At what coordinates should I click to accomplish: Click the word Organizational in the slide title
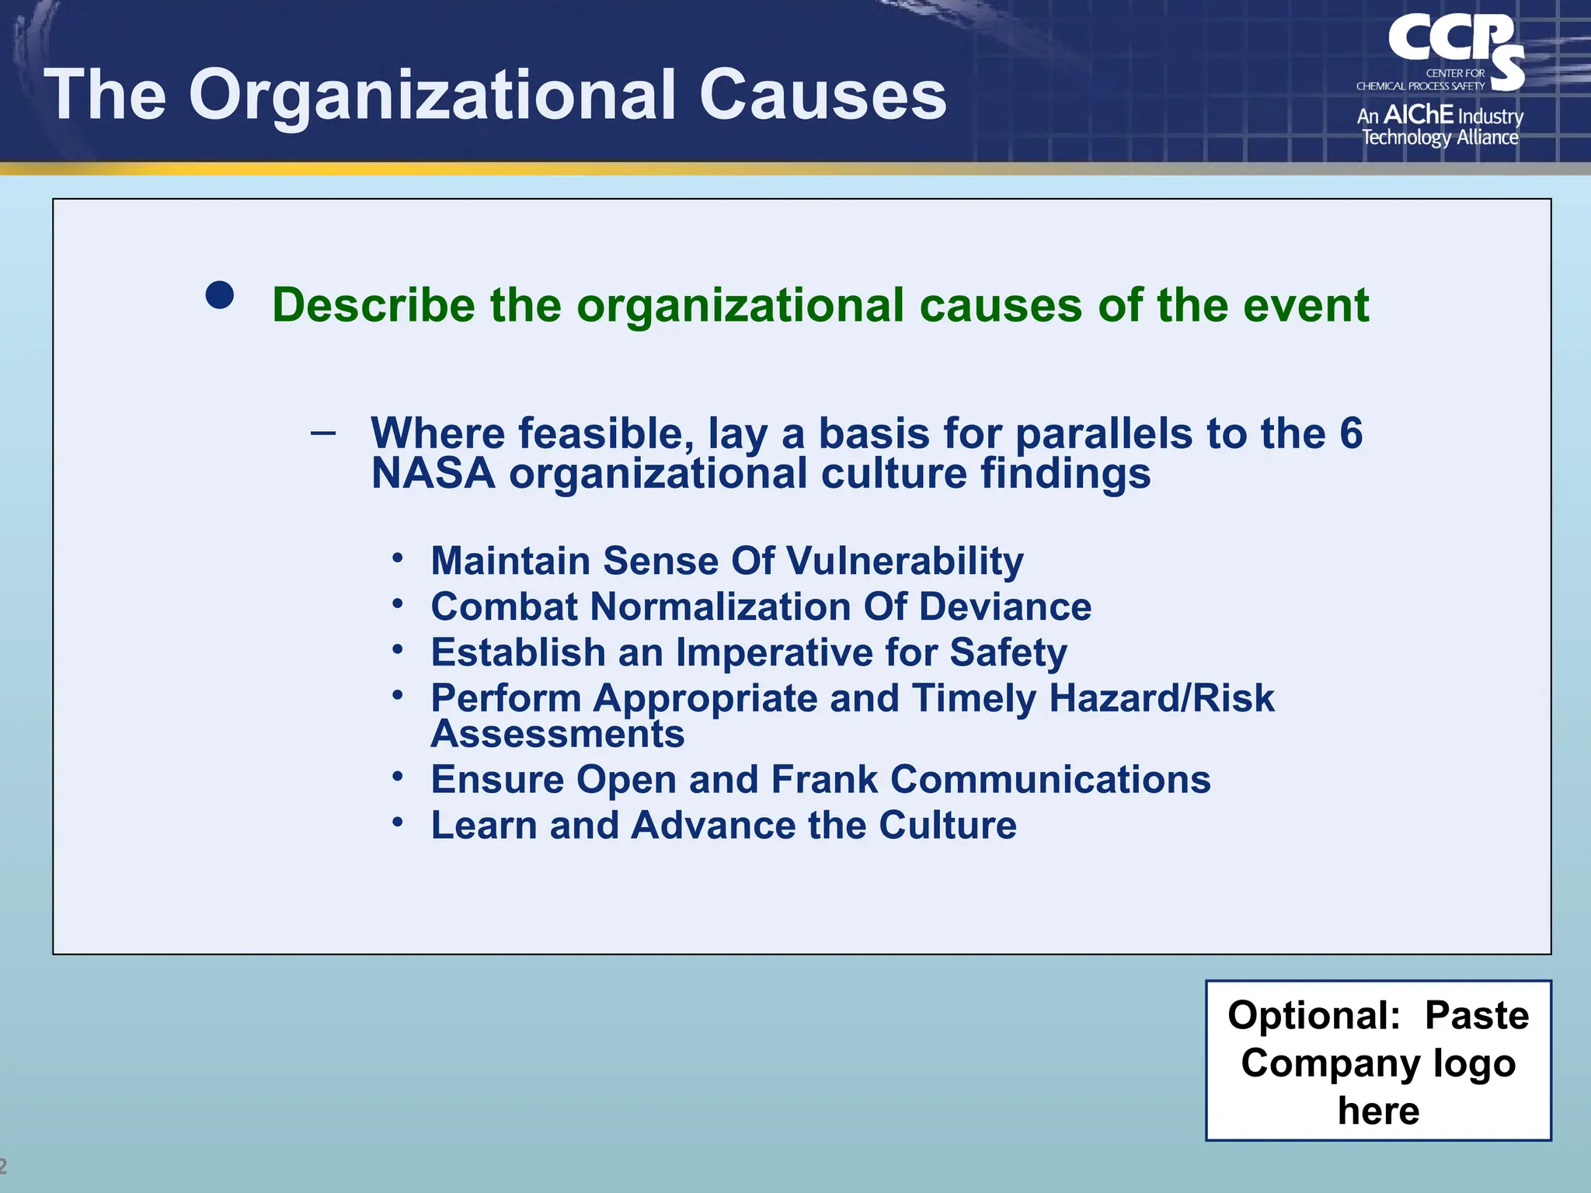pos(432,95)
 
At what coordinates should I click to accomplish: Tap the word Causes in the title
pos(823,95)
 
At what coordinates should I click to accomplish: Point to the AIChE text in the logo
pos(1418,115)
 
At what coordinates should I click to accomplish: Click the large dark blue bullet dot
pos(220,295)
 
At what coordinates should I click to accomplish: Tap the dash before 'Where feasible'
pos(323,433)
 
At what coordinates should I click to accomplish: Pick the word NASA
pos(433,474)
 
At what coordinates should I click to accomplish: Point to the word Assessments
pos(557,734)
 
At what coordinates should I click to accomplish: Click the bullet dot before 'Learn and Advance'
pos(398,821)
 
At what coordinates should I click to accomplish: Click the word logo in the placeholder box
pos(1474,1063)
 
